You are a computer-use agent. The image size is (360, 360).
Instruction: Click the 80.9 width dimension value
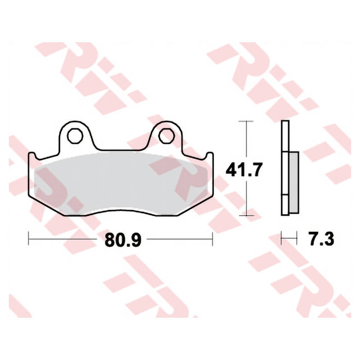(x=123, y=240)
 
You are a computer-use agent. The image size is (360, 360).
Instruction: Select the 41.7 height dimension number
(x=244, y=170)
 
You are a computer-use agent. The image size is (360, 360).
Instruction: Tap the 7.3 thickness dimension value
(x=321, y=239)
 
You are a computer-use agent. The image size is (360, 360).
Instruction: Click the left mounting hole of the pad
(x=75, y=136)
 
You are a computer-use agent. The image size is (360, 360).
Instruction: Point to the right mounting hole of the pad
(x=166, y=136)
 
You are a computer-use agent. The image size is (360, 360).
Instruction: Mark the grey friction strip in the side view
(x=294, y=183)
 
